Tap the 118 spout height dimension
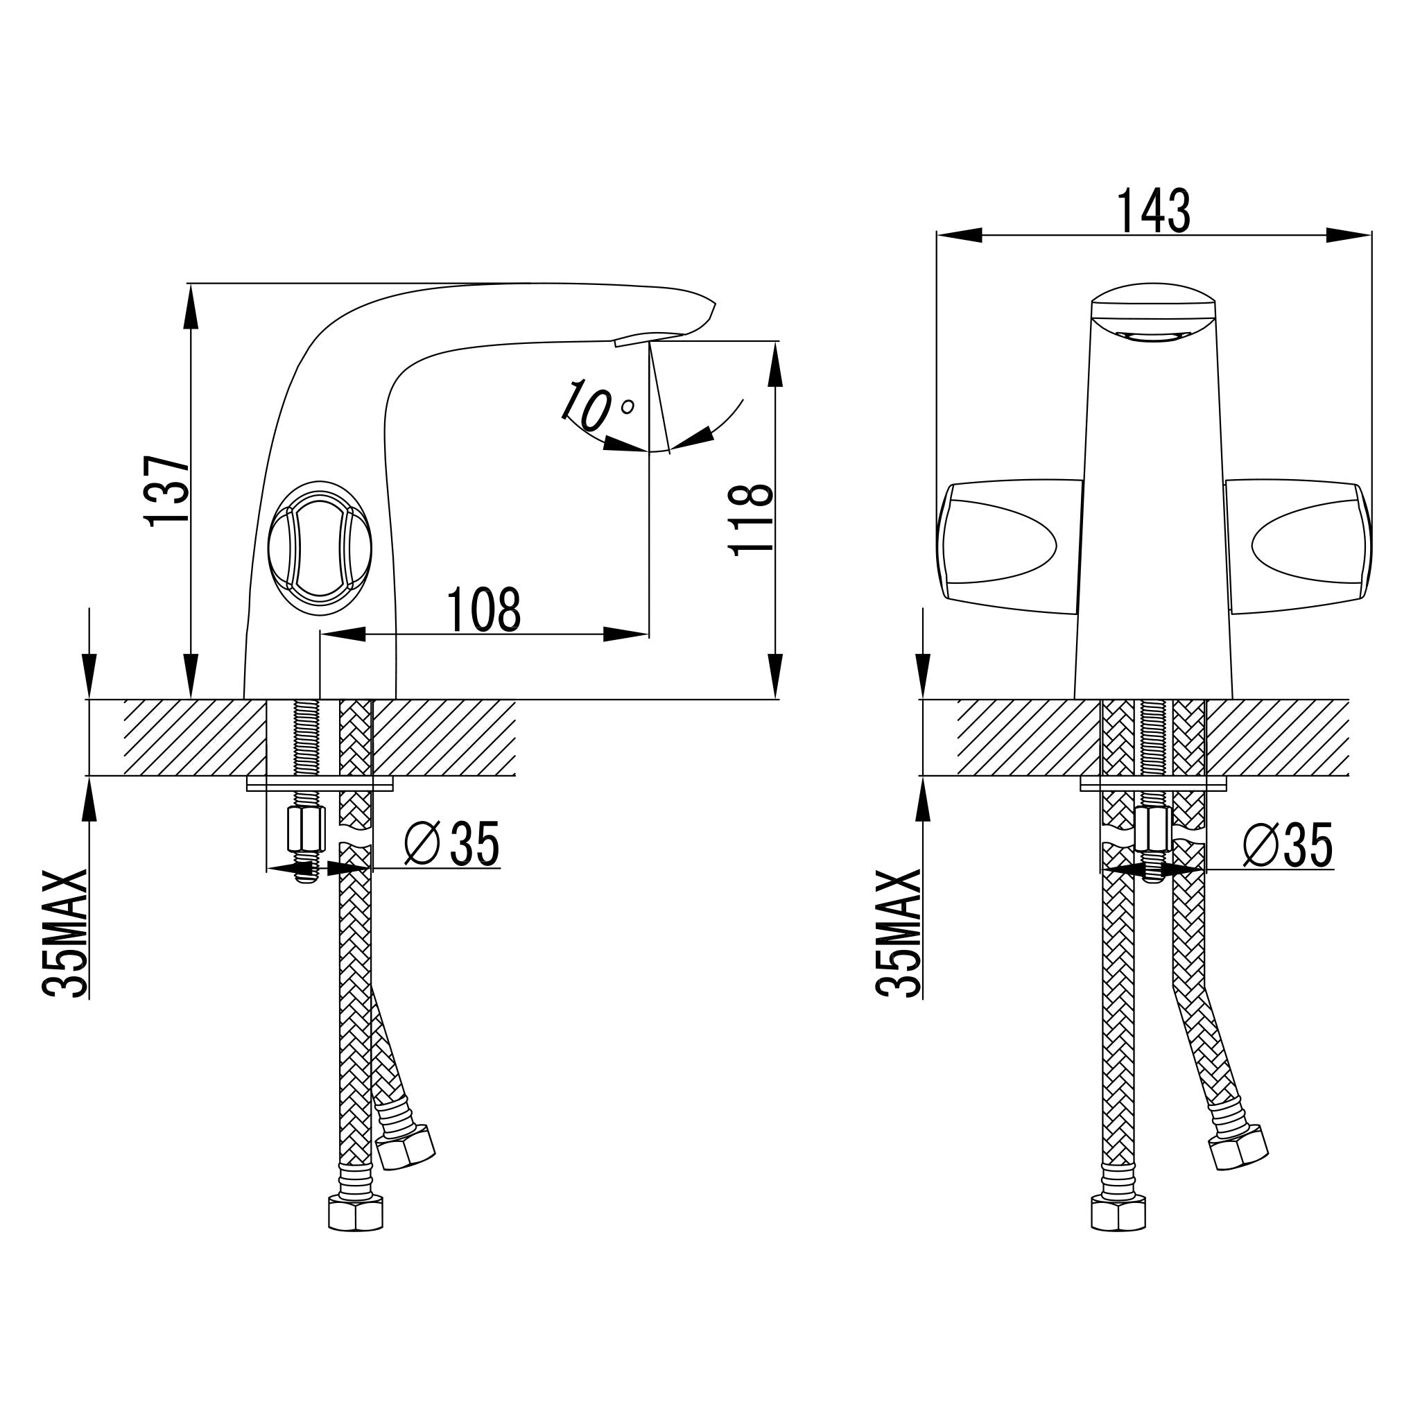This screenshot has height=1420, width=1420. (x=750, y=519)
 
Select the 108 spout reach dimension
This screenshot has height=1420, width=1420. (x=484, y=609)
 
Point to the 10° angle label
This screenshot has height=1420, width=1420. (x=595, y=405)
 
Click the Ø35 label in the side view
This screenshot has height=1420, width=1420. (x=452, y=843)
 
